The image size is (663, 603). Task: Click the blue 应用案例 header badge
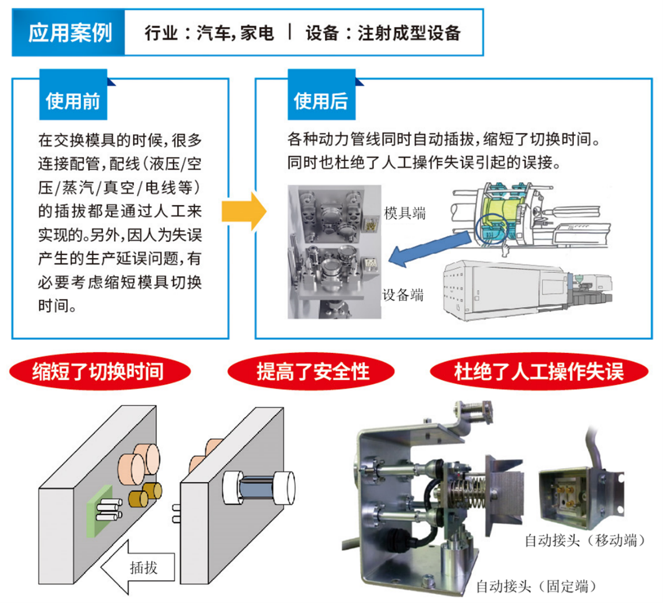pos(69,33)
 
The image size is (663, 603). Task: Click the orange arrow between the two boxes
pos(244,211)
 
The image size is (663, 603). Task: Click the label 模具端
pos(405,214)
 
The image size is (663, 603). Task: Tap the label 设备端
pos(403,295)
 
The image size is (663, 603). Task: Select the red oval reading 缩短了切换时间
pos(98,372)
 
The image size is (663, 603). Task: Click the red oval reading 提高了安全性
pos(312,372)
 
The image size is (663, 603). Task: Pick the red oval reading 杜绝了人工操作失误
pos(538,372)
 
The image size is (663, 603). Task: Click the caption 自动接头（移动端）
pos(584,540)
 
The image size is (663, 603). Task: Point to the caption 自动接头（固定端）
pos(535,586)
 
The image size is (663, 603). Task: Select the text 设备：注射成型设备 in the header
pos(383,33)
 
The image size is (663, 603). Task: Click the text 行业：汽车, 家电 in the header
pos(209,33)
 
